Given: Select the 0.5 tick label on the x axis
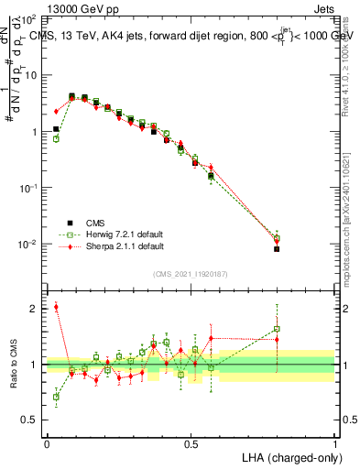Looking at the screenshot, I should pos(191,444).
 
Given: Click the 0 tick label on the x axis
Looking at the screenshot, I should pos(47,444).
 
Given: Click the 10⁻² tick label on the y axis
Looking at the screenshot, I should pos(29,245).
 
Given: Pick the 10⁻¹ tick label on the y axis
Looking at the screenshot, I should pos(29,188).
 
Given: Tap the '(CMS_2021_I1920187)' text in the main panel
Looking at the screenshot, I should pos(191,273).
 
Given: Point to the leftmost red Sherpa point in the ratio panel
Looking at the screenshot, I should pos(56,307).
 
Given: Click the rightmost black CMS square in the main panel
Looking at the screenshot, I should pos(277,248).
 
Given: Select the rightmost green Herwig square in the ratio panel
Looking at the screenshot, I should pos(277,329).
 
